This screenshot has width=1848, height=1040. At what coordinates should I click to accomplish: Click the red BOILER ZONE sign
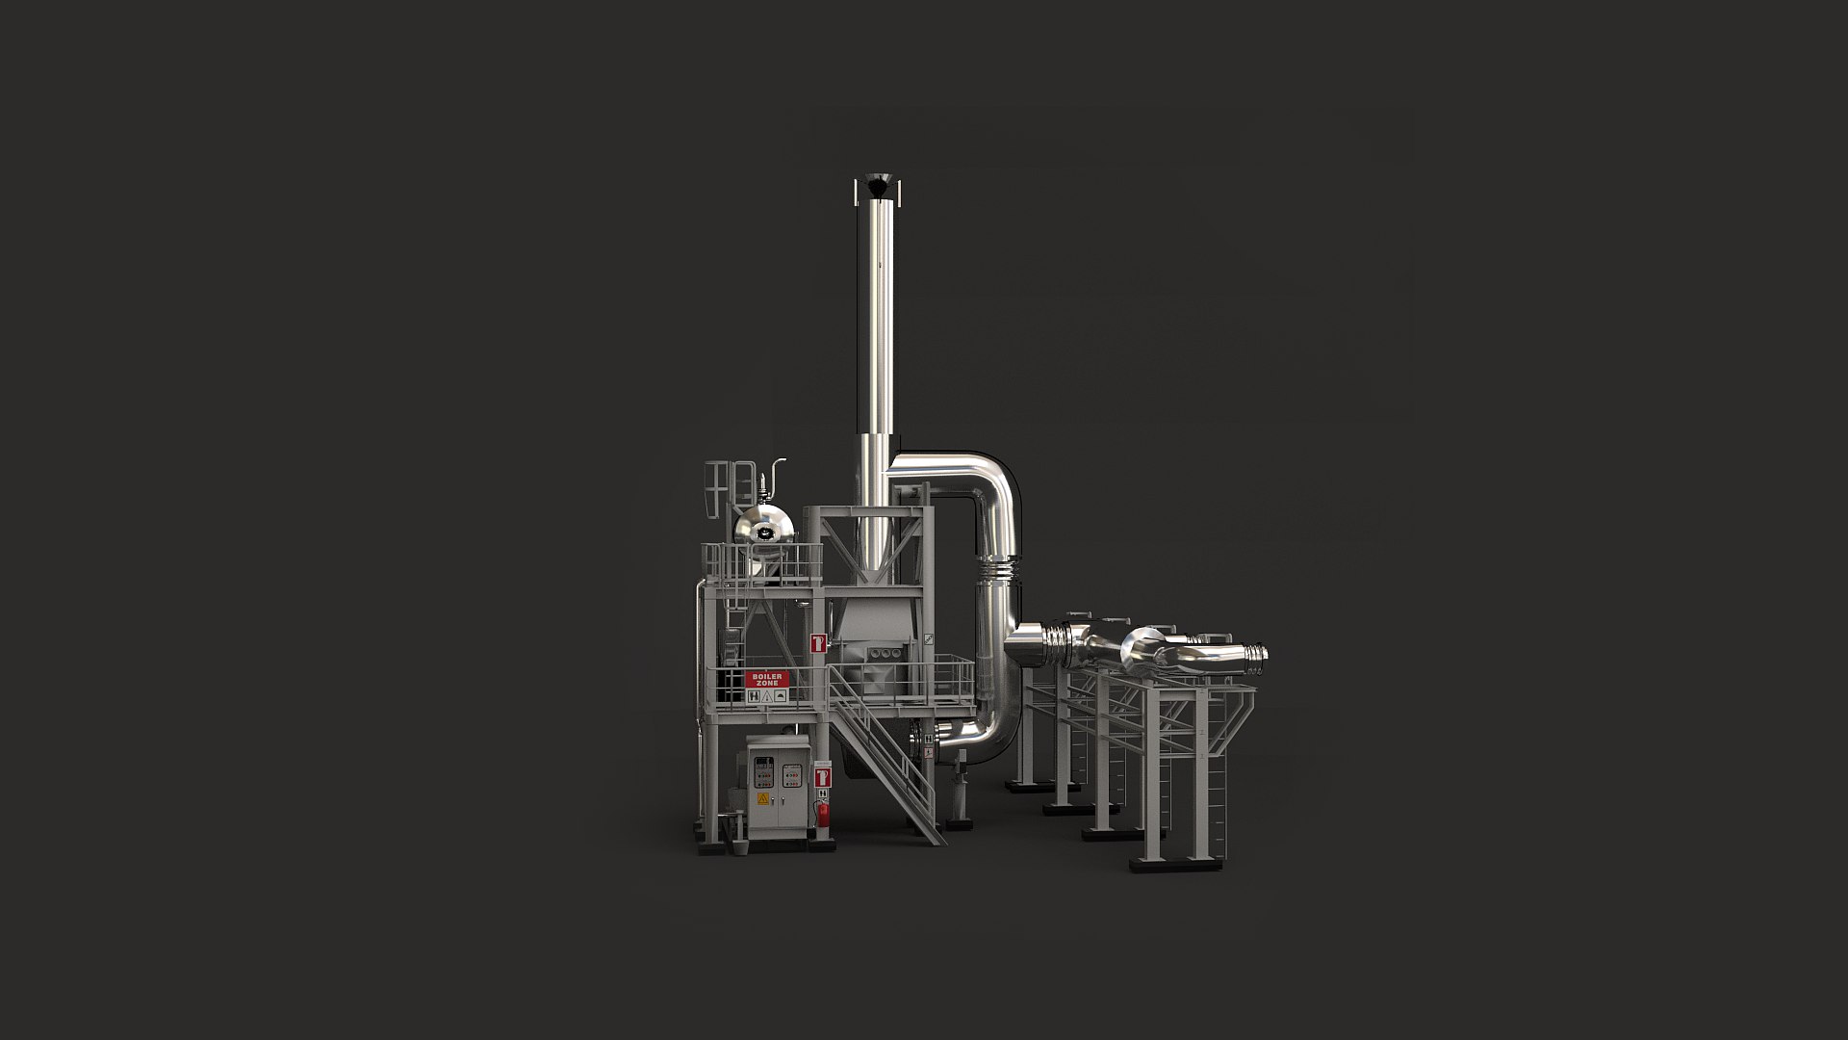click(x=767, y=678)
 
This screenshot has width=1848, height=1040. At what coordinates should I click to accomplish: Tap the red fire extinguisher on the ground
click(x=824, y=813)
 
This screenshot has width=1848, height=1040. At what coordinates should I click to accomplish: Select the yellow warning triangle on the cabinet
click(x=763, y=798)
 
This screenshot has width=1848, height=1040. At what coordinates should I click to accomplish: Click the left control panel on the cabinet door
click(x=763, y=771)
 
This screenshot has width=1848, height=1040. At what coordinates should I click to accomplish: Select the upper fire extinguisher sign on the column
click(x=818, y=642)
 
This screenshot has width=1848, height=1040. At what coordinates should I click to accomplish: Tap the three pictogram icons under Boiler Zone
click(x=767, y=695)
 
